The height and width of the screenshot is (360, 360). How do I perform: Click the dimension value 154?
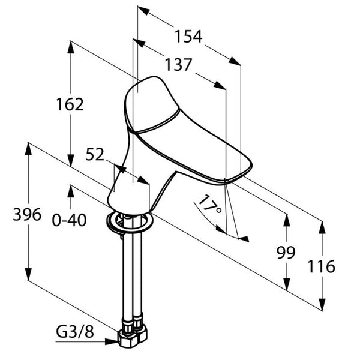pyautogui.click(x=189, y=37)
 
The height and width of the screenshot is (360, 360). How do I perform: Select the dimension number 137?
pyautogui.click(x=178, y=64)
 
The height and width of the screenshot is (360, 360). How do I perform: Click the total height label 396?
pyautogui.click(x=27, y=214)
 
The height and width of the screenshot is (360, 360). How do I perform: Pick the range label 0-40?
pyautogui.click(x=70, y=220)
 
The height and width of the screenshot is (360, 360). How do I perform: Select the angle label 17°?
pyautogui.click(x=210, y=206)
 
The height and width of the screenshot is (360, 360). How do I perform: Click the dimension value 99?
pyautogui.click(x=286, y=253)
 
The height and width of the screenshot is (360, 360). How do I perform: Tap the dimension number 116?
pyautogui.click(x=322, y=266)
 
